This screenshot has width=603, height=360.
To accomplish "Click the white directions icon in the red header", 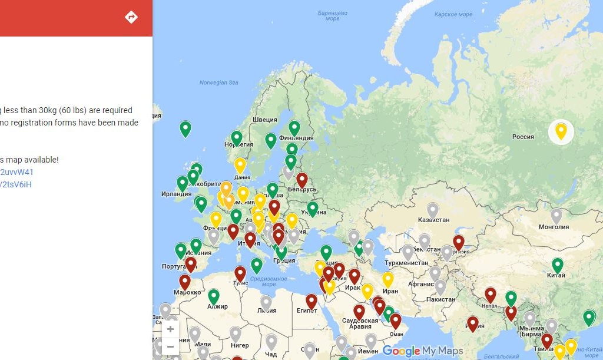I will point(131,17).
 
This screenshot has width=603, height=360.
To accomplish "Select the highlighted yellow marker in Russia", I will point(561,131).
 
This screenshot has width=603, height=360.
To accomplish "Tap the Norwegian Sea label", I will point(218,82).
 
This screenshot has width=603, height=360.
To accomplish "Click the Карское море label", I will point(453,14).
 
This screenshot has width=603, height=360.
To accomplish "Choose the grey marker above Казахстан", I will point(433,210).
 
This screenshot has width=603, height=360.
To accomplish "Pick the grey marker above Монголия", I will point(556,216).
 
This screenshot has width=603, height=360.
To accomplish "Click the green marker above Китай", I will point(557,265).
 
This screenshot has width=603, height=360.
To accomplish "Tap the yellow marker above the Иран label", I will point(387,279).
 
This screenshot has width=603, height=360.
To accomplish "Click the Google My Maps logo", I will point(423,351).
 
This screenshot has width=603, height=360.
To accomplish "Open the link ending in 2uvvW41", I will point(17,172).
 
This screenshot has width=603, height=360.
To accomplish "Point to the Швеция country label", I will point(264,120).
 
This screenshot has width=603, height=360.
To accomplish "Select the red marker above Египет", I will point(312,301).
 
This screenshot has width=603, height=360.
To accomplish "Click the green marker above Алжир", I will point(214,296).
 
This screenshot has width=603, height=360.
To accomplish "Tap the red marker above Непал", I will point(491,295).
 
